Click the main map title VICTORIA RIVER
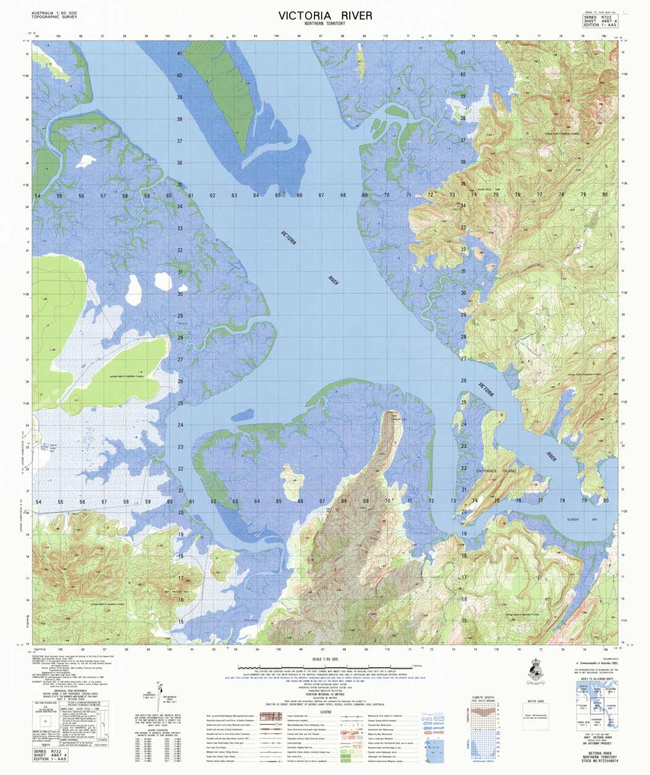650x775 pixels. click(x=325, y=15)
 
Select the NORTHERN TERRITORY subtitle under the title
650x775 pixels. click(x=325, y=24)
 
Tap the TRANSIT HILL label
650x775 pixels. click(x=175, y=591)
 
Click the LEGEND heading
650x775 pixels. click(x=325, y=711)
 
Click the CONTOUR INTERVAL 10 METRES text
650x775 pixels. click(x=325, y=695)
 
